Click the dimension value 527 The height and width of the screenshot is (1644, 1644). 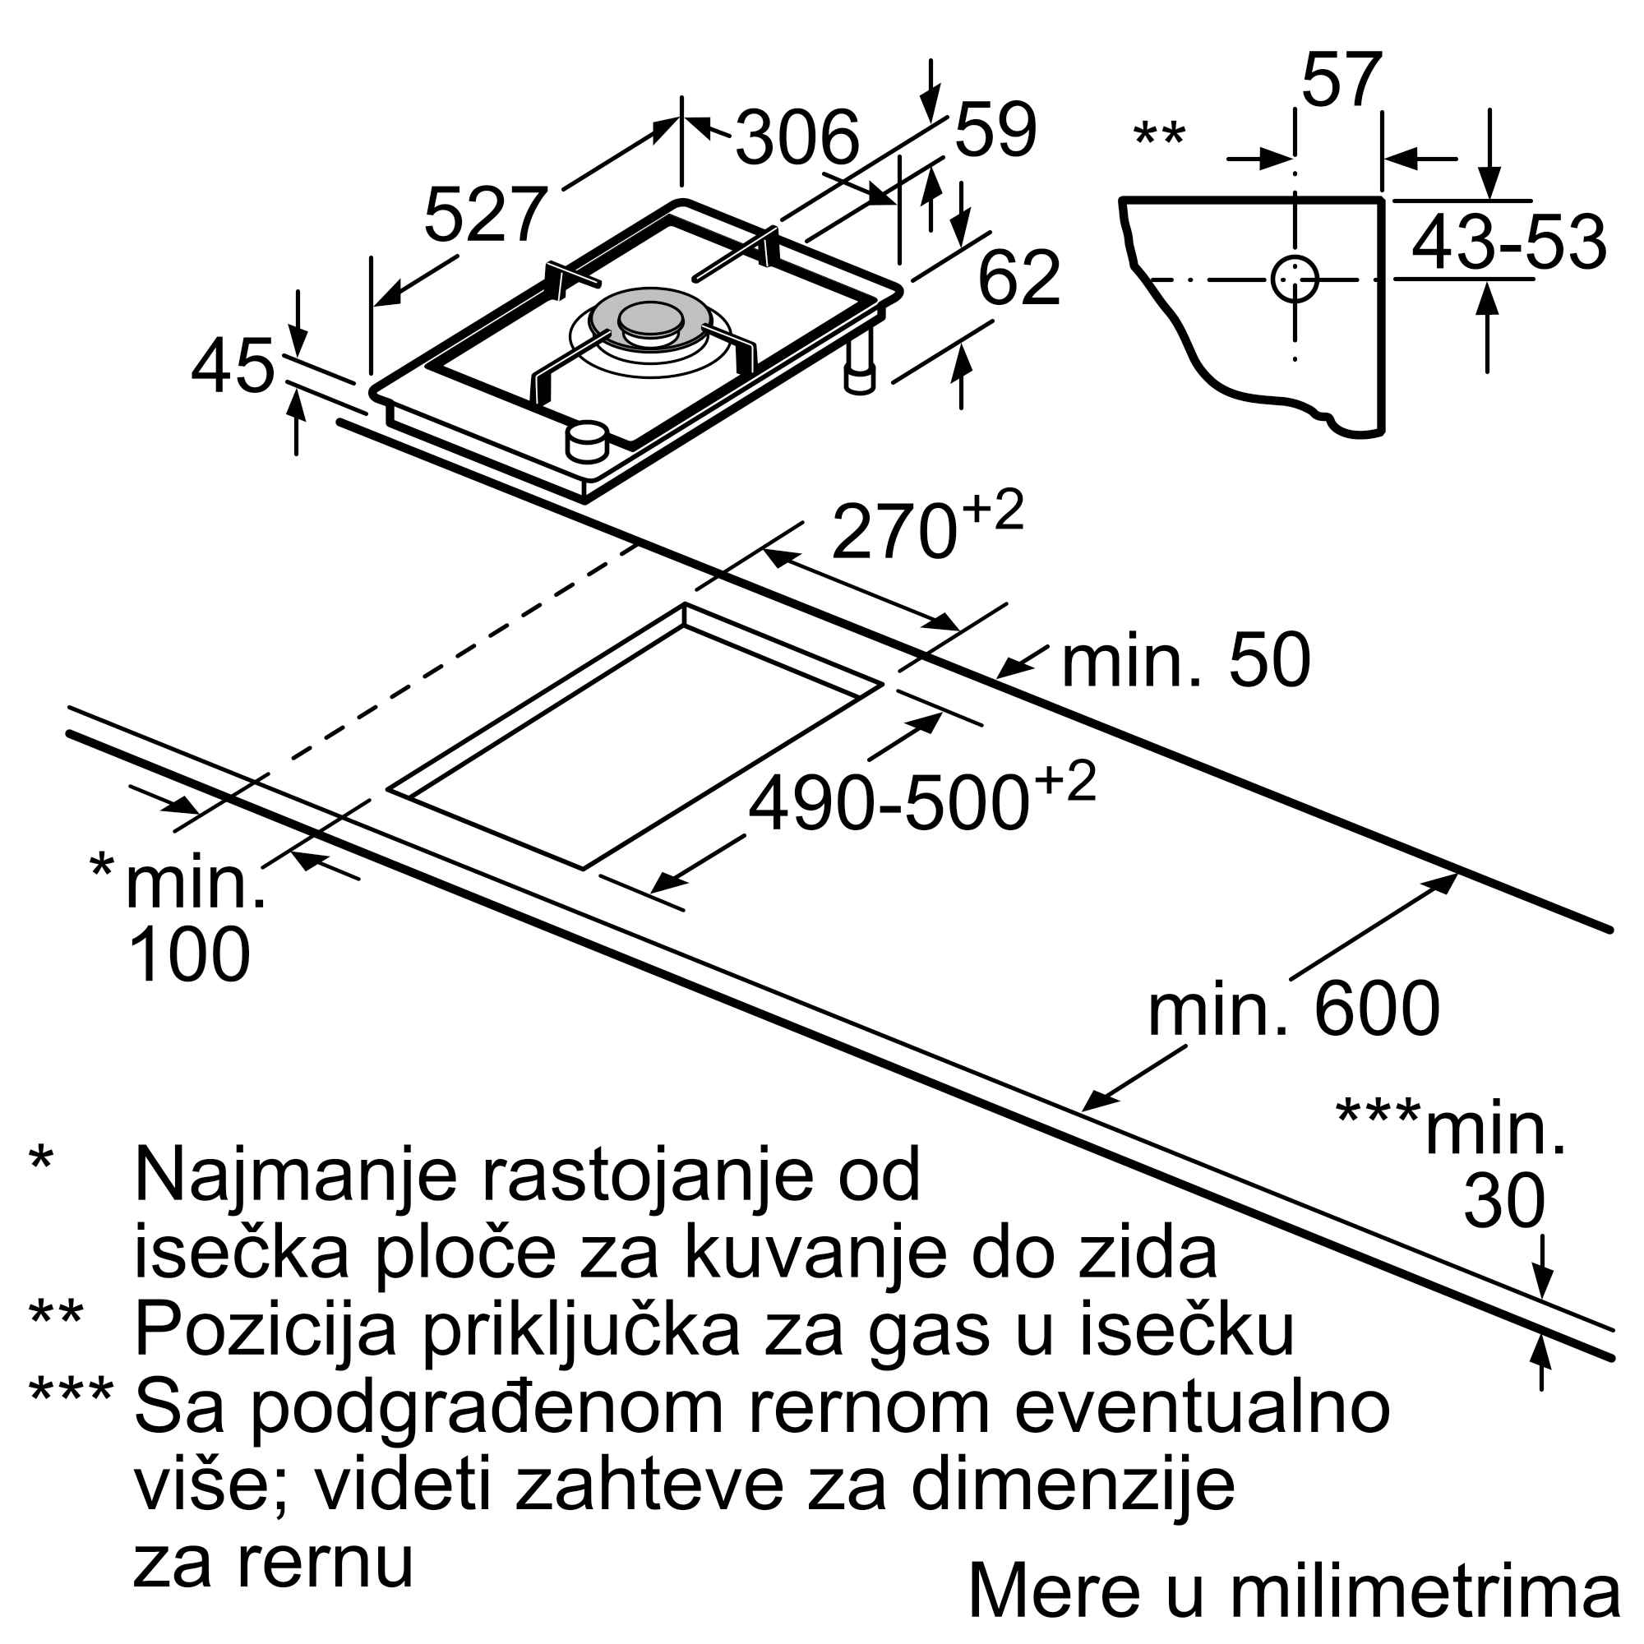click(485, 216)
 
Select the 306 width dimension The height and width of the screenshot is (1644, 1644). click(797, 138)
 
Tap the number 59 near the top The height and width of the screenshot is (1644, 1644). click(995, 129)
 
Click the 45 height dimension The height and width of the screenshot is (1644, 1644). click(233, 367)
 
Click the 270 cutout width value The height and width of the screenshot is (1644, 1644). click(894, 532)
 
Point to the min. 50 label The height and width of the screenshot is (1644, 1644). click(1186, 661)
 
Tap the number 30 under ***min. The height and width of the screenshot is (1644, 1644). click(1503, 1201)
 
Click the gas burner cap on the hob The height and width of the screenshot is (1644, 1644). click(651, 320)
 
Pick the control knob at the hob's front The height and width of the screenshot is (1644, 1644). click(587, 441)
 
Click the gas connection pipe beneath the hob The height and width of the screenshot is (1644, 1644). click(860, 363)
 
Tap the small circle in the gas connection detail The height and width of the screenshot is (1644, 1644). click(1295, 279)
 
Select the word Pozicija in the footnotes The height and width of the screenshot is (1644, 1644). click(266, 1330)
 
